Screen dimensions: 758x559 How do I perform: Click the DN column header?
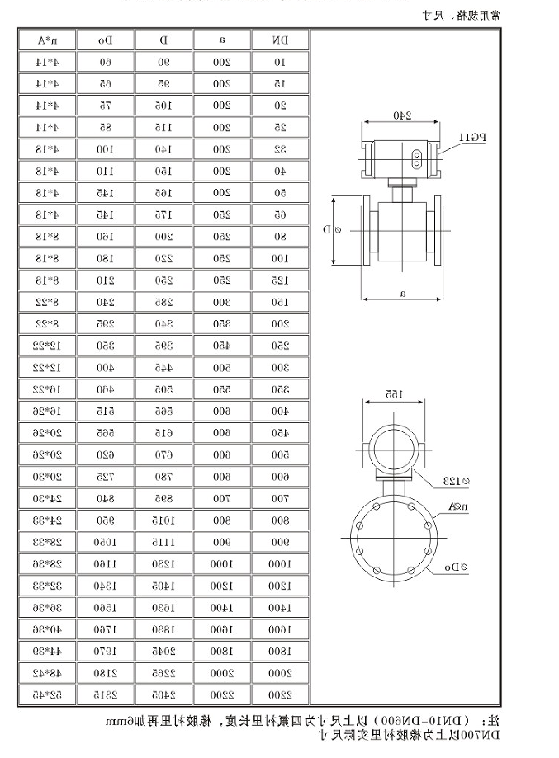click(x=281, y=40)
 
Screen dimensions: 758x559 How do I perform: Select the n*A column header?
click(x=46, y=40)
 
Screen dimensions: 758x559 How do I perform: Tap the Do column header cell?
click(x=105, y=40)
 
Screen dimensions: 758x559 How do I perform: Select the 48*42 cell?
click(x=46, y=672)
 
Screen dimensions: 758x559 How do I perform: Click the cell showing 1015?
click(x=163, y=520)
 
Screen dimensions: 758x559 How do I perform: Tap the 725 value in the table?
click(x=105, y=477)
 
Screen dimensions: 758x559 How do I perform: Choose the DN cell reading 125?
click(x=281, y=280)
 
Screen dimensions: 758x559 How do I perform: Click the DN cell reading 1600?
click(x=281, y=629)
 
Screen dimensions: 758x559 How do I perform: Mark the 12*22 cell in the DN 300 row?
click(x=46, y=366)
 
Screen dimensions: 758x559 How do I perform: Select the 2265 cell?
click(x=163, y=672)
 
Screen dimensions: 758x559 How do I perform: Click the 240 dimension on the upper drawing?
click(x=402, y=115)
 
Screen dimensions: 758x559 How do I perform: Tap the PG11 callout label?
click(x=473, y=137)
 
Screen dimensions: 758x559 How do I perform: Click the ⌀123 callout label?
click(x=456, y=480)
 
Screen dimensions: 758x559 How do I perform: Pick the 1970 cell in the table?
click(x=105, y=651)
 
